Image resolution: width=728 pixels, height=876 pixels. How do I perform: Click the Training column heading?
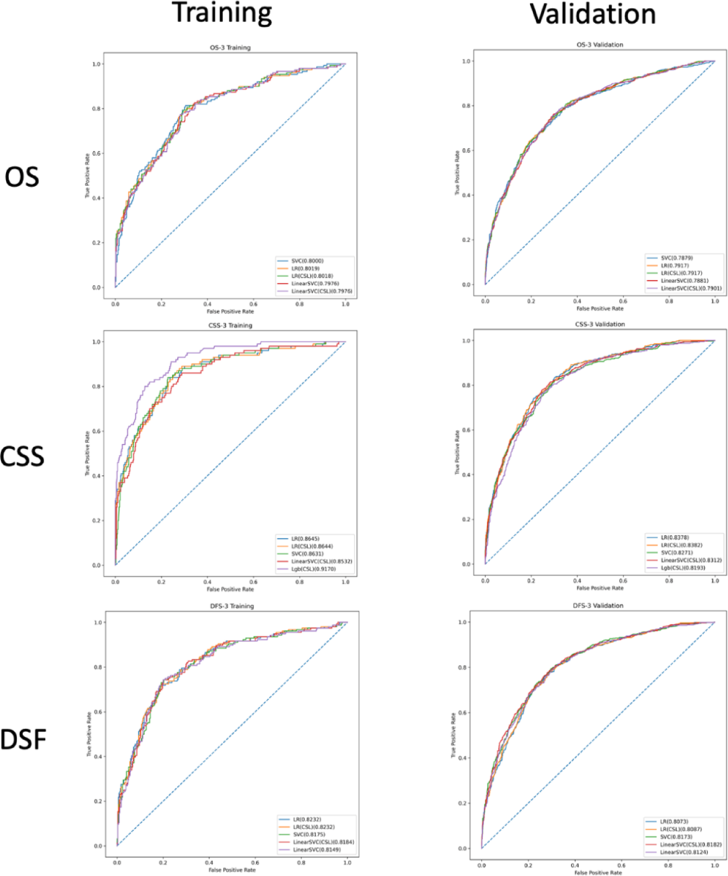pos(222,13)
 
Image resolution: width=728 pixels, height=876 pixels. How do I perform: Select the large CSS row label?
pos(22,456)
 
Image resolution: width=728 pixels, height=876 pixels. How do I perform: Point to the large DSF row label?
pos(23,739)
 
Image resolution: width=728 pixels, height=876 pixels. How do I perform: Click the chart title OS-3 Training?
pos(230,47)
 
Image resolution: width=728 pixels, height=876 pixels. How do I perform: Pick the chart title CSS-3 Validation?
pos(599,324)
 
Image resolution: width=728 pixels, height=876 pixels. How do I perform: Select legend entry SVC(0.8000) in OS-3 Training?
pos(307,261)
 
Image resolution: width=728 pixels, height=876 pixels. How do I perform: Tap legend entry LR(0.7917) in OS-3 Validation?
pos(675,266)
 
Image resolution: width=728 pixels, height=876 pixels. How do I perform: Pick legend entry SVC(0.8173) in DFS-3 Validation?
pos(676,837)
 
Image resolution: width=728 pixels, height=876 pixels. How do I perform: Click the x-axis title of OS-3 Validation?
pos(599,309)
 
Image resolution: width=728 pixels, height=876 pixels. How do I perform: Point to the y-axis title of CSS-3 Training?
pos(87,454)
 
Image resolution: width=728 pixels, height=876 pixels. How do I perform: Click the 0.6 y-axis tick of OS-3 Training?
pos(96,154)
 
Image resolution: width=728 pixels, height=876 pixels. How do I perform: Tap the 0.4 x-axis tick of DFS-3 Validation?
pos(575,865)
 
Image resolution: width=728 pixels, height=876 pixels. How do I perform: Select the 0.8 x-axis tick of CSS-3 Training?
pos(299,582)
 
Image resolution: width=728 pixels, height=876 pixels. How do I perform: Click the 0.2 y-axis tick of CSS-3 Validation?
pos(466,519)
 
